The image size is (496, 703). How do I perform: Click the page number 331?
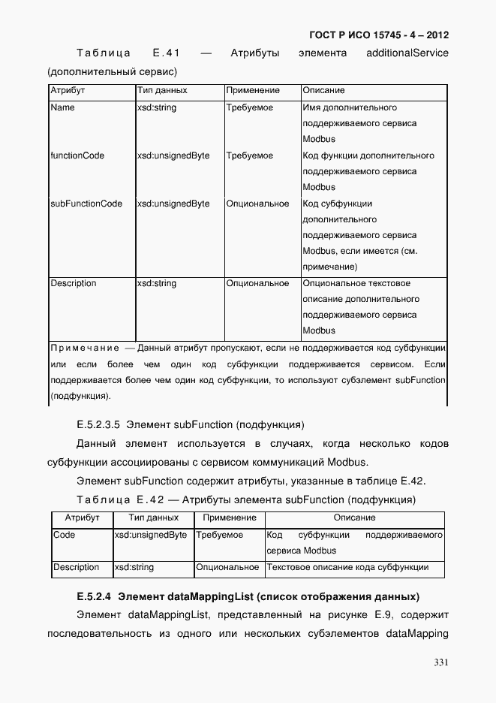point(440,662)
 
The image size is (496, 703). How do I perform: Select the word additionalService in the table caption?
point(407,53)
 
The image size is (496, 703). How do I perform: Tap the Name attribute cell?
point(62,108)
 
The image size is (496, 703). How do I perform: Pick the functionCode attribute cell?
point(77,156)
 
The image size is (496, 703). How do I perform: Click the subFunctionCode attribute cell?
point(86,204)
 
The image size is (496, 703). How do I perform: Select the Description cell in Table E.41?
point(74,283)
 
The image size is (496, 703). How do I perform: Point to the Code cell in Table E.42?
point(65,535)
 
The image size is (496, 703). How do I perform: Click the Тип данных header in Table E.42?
point(153,518)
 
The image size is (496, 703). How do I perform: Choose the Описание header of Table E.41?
point(323,91)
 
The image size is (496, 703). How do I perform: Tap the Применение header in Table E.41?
point(253,91)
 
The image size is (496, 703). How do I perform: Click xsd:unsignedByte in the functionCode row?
point(173,156)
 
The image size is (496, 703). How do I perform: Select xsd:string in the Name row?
point(157,108)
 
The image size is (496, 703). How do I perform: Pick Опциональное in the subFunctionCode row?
point(257,204)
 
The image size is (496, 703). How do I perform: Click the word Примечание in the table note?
point(85,348)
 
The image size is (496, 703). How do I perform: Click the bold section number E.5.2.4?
point(94,597)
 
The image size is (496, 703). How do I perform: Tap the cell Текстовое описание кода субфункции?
point(347,567)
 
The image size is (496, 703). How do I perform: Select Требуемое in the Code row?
point(219,535)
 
